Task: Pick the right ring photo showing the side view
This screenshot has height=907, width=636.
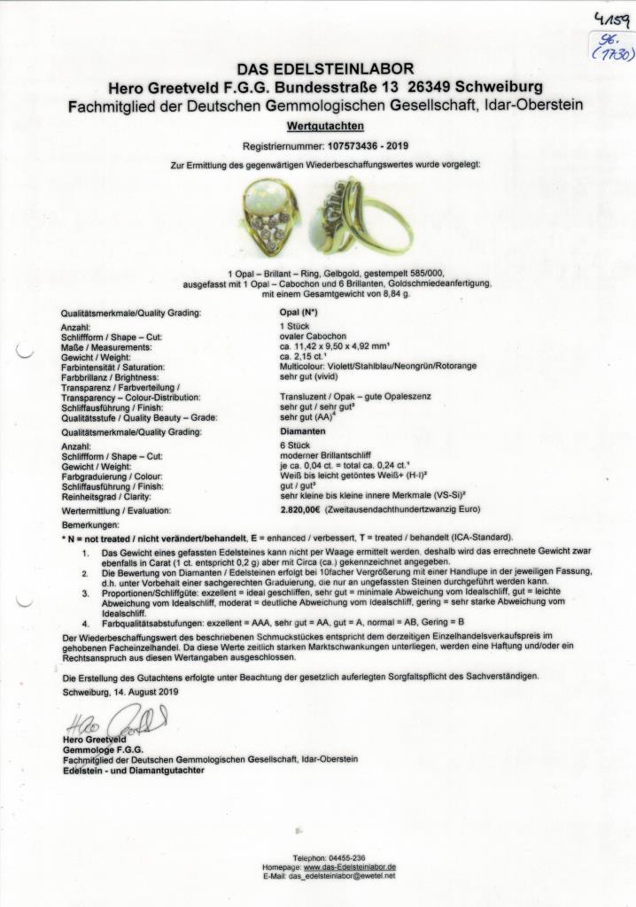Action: click(365, 216)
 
